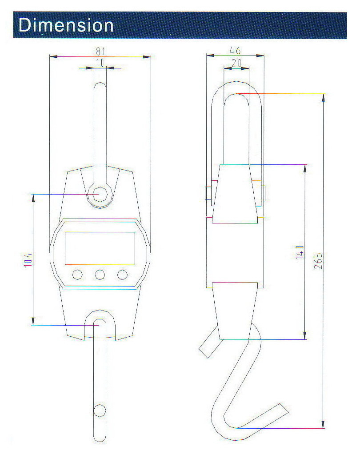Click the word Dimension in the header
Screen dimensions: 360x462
point(66,25)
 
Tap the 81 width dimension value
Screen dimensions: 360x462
point(100,52)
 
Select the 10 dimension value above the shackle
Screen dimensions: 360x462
point(100,63)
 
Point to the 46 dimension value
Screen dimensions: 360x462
point(235,50)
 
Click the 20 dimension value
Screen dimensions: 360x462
point(236,63)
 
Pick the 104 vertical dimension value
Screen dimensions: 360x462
point(28,260)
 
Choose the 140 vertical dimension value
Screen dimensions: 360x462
point(300,252)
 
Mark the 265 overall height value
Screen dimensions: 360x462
point(318,261)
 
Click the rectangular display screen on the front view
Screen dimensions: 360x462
point(100,248)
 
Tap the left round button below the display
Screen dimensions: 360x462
point(77,275)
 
